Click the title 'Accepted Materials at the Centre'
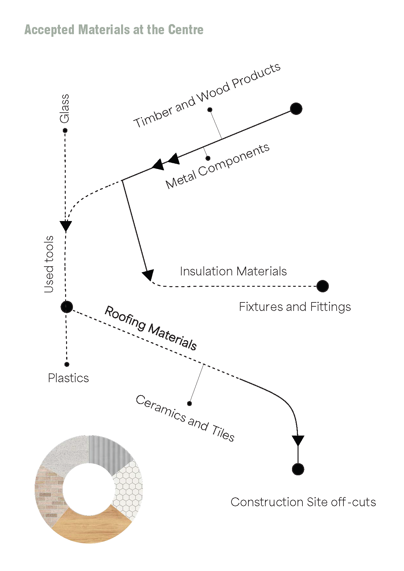114,30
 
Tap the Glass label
64,109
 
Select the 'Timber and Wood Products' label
207,95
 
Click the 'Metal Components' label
217,166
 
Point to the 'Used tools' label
49,264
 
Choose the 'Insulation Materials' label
233,271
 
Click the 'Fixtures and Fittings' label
295,307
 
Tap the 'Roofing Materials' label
150,328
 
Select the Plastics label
68,378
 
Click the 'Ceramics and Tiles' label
185,418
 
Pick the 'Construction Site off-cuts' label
303,502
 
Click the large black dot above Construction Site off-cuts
298,469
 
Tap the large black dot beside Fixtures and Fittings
322,286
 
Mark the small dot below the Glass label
65,131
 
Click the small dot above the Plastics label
67,364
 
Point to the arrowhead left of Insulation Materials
148,275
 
